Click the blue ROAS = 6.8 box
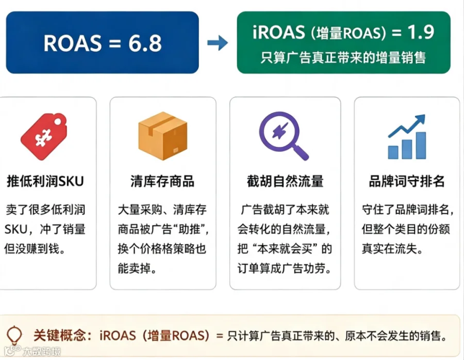103,43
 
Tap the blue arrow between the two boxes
218,43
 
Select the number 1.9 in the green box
421,32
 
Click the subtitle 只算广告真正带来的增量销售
343,57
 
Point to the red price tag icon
44,137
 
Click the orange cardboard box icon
163,136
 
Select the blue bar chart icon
407,137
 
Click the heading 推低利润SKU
45,181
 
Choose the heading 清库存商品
162,181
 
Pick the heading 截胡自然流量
285,181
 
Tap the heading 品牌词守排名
407,181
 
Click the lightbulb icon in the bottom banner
14,336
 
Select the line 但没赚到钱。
35,249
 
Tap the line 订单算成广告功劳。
285,268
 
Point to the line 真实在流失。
392,249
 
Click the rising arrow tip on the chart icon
424,115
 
